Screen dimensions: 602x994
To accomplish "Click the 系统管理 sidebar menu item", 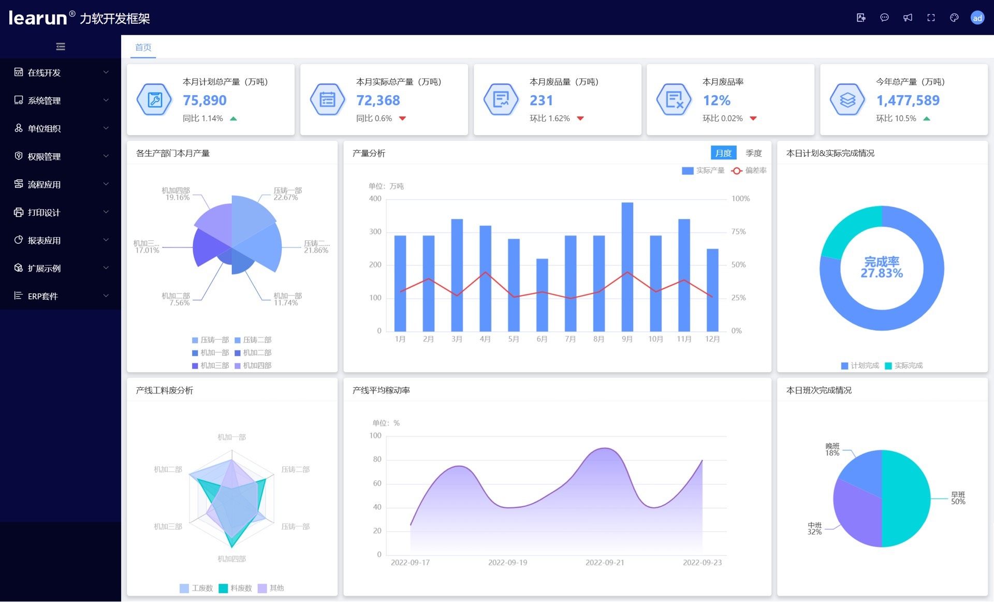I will point(45,100).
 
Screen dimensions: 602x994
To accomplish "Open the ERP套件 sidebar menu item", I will point(43,296).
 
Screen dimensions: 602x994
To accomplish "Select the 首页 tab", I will point(143,48).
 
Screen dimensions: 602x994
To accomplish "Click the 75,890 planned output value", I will point(204,100).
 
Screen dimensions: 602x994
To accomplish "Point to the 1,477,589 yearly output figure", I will point(908,100).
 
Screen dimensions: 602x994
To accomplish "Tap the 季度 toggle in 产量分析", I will point(753,153).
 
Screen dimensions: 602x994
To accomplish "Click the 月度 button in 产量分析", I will point(723,153).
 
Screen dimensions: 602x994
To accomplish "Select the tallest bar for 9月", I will point(627,267).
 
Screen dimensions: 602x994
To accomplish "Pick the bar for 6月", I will point(542,295).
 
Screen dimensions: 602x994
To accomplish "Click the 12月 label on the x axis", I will point(712,339).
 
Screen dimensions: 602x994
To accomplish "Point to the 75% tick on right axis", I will point(739,231).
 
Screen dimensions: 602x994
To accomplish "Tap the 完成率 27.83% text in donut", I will point(881,268).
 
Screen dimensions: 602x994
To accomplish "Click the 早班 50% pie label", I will point(958,498).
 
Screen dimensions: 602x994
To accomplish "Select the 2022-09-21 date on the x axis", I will point(605,563).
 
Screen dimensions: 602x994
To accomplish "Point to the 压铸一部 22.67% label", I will point(287,194).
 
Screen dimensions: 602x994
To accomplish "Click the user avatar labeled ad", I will point(977,18).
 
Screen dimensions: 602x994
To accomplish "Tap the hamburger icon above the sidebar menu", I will point(61,47).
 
